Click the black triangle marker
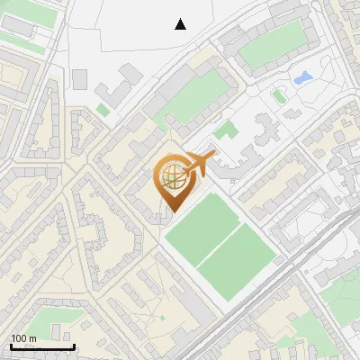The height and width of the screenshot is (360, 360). [181, 24]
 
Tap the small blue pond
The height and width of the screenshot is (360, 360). [302, 77]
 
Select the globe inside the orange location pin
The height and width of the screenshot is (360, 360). [172, 179]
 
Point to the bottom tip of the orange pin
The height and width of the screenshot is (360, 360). [173, 212]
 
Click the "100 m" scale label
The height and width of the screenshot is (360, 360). [23, 338]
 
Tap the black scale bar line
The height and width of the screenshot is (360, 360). [42, 346]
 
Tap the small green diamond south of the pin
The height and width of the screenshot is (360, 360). [162, 317]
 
